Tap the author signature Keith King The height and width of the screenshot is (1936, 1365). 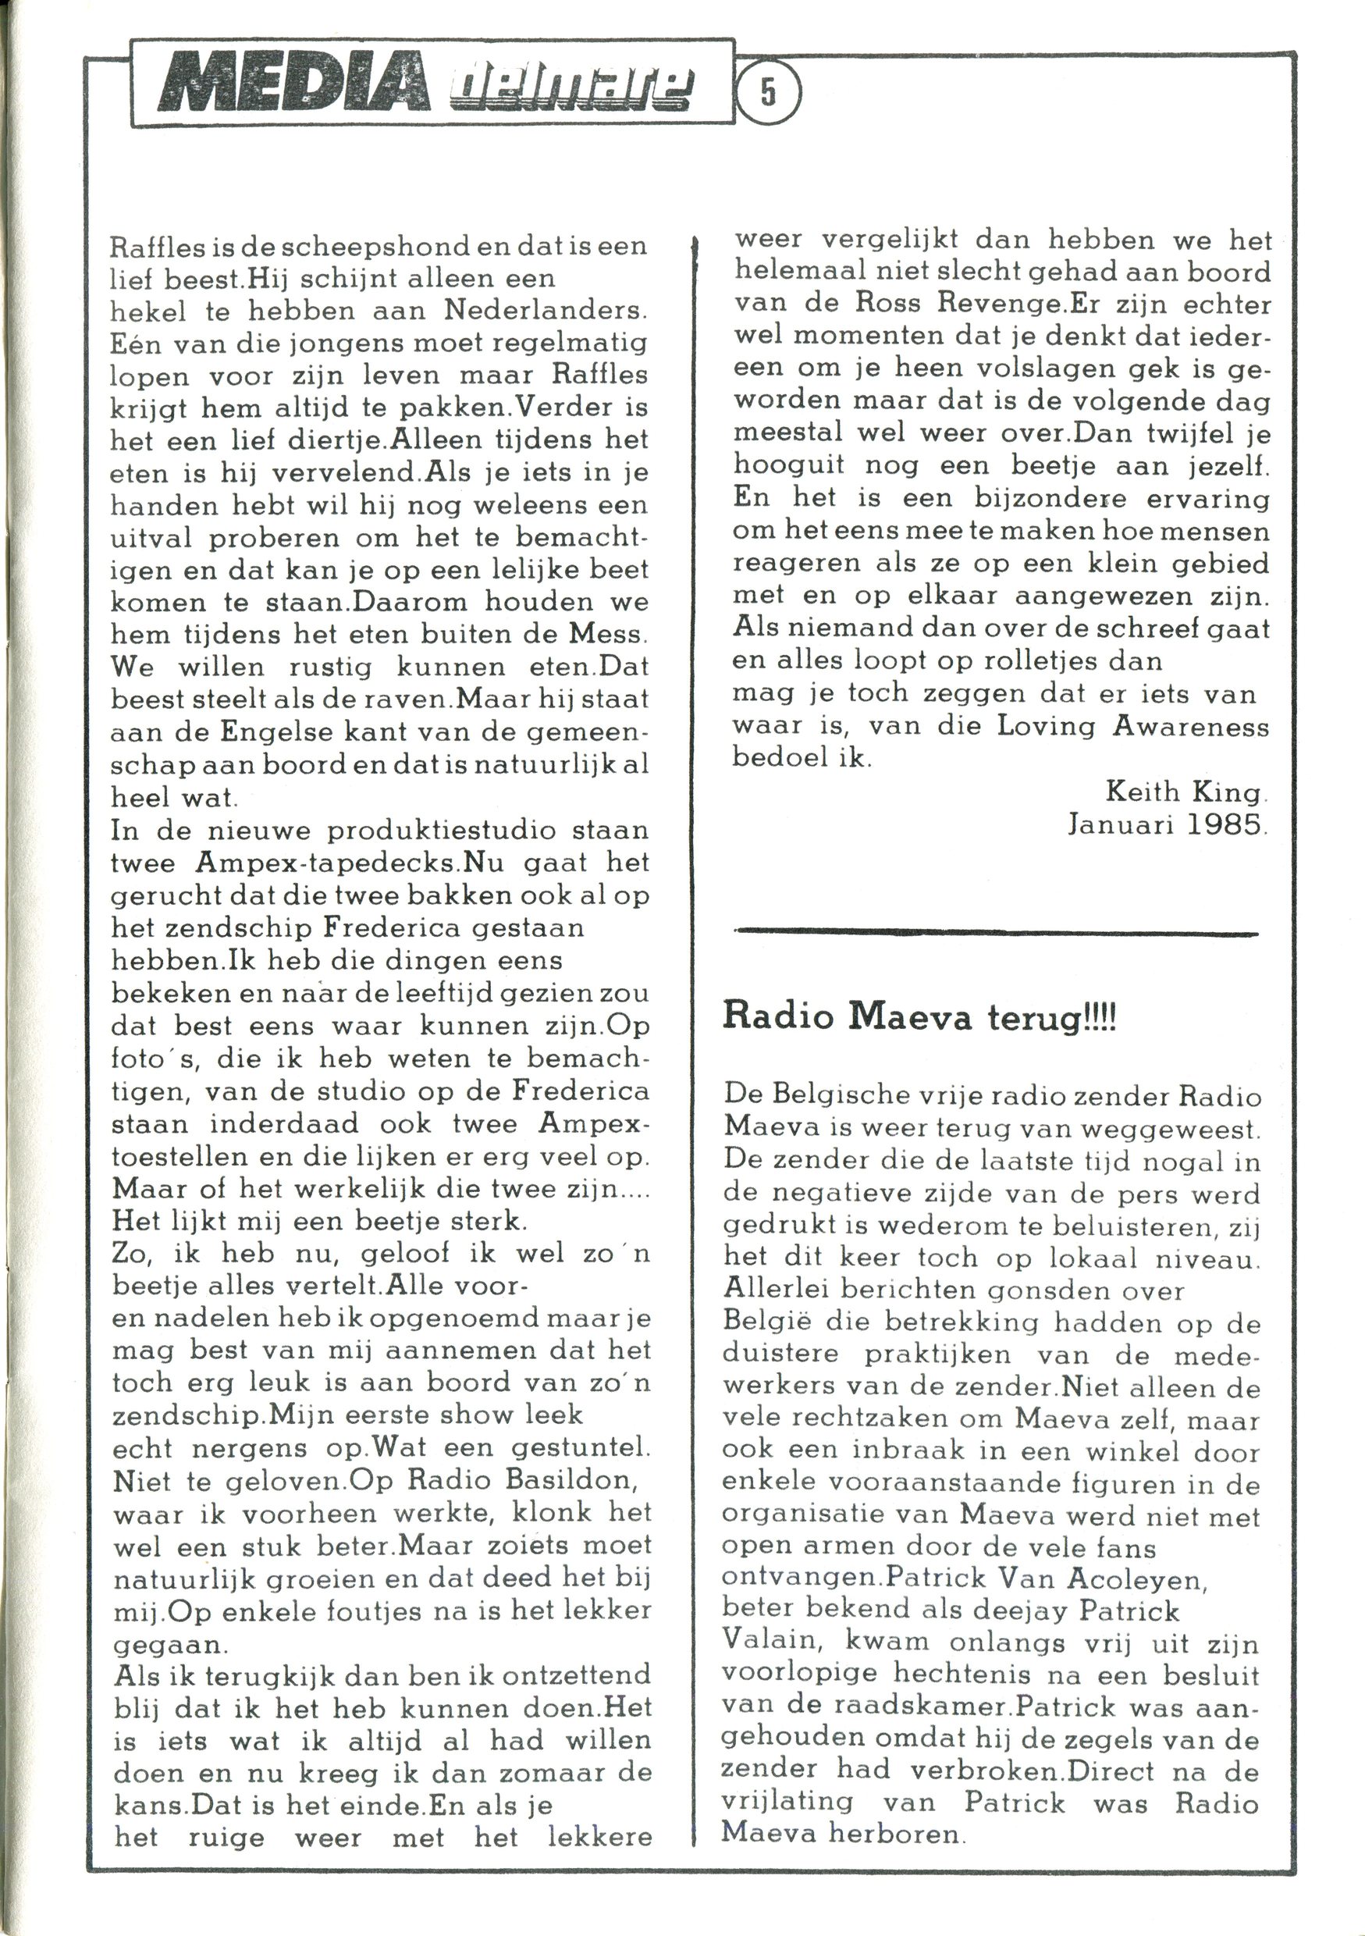[1185, 792]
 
